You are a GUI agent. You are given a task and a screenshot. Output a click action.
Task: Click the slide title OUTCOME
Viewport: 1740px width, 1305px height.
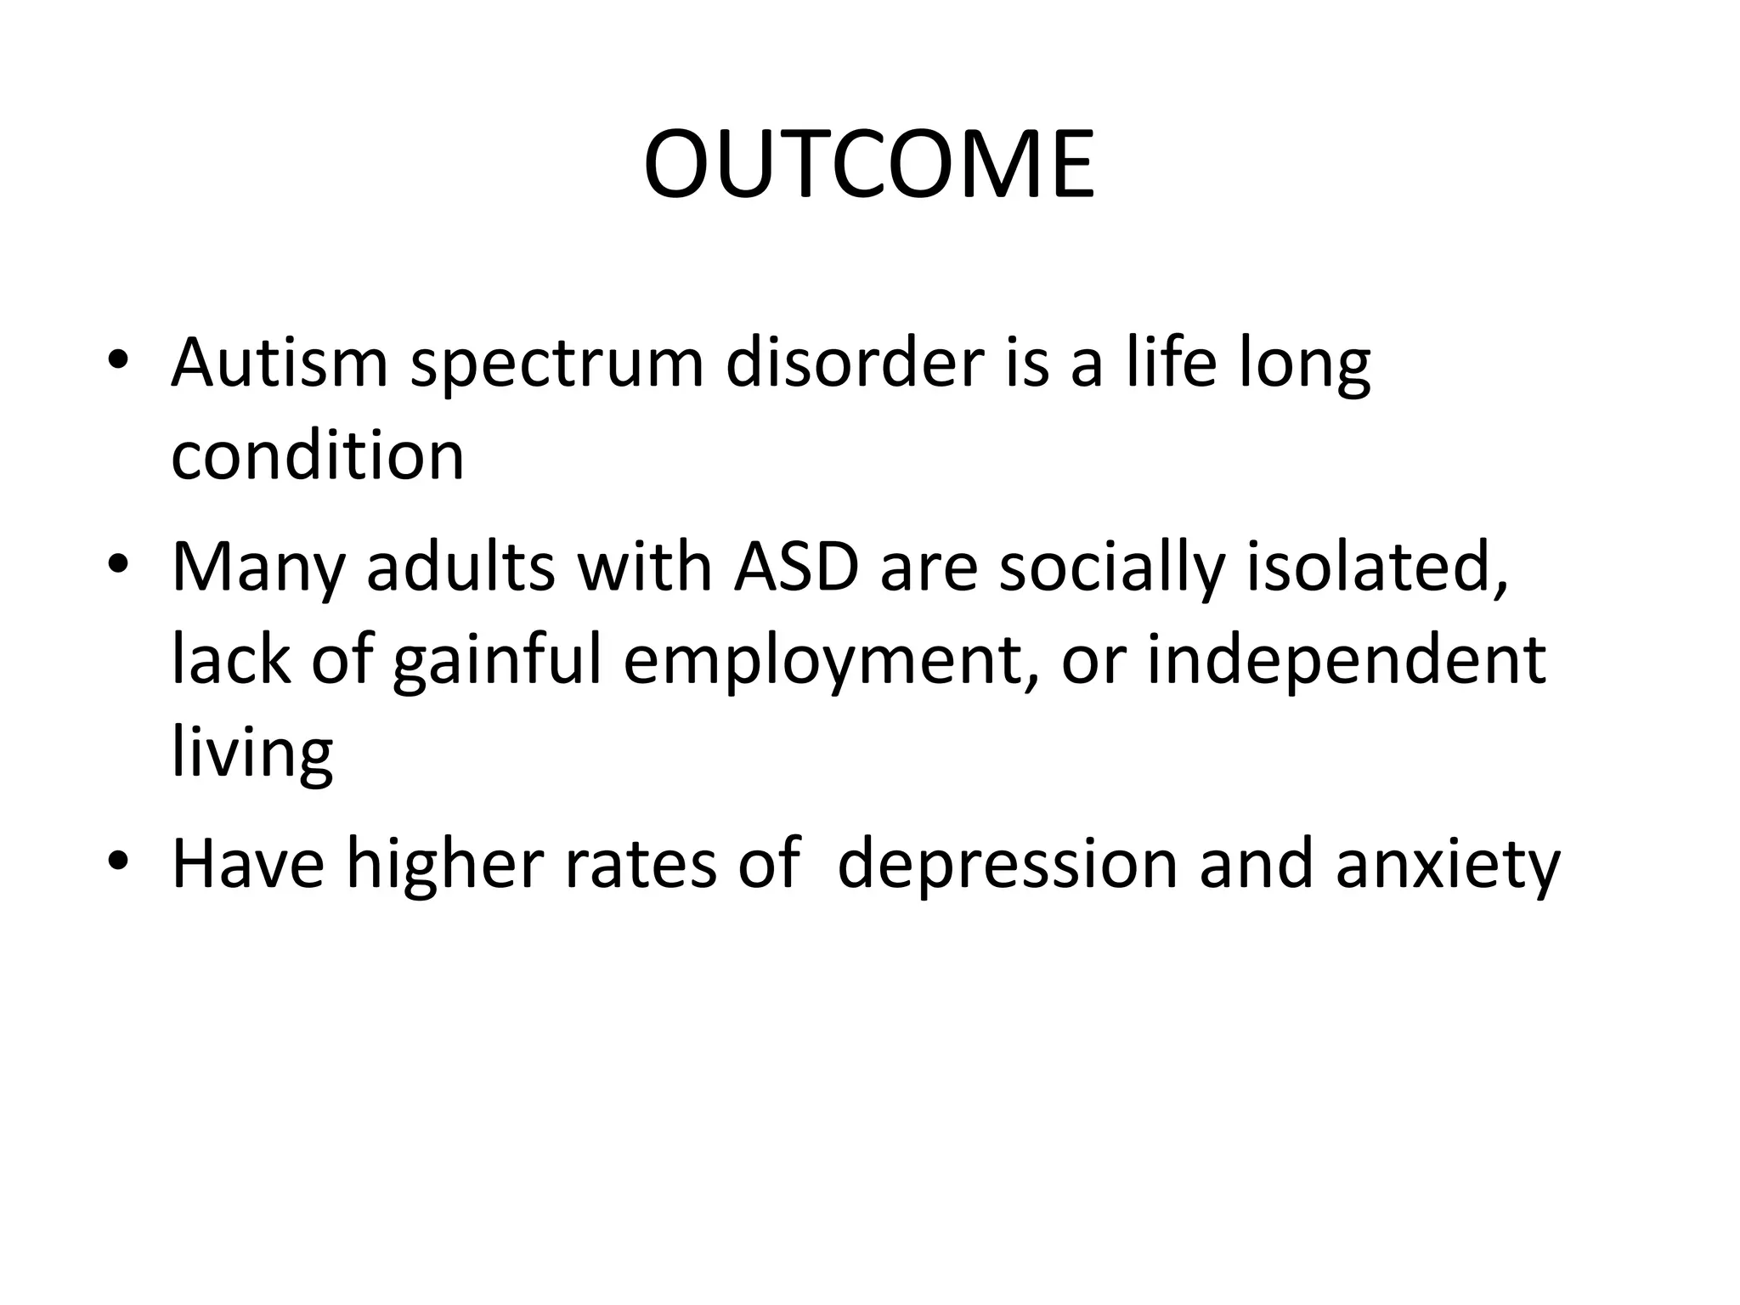click(869, 165)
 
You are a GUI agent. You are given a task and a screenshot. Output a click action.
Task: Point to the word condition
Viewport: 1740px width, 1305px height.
click(318, 457)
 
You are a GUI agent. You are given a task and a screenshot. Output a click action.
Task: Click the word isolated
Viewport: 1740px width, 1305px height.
click(1376, 568)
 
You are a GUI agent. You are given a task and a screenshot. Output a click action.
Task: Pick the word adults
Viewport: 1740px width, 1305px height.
click(460, 568)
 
